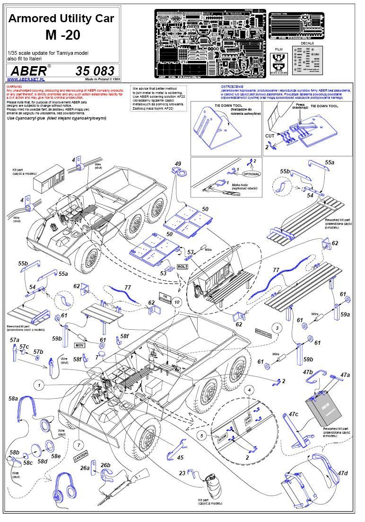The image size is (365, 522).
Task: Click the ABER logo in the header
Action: [x=28, y=70]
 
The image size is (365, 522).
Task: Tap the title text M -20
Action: [x=62, y=34]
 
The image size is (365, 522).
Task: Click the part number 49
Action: [x=178, y=163]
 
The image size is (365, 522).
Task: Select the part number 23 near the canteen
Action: [x=182, y=472]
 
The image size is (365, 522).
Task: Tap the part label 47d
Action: [x=342, y=473]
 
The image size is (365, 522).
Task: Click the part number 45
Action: [x=180, y=457]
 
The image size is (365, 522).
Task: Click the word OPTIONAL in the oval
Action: [x=252, y=174]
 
